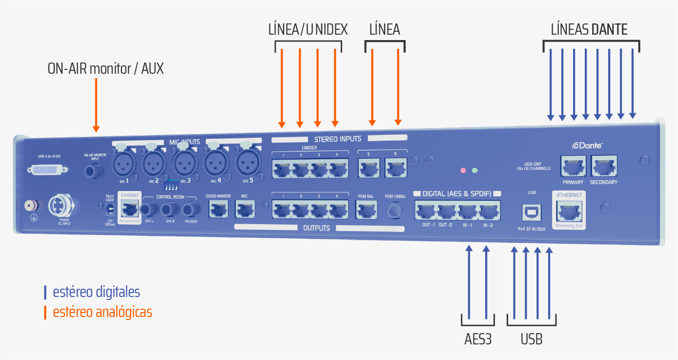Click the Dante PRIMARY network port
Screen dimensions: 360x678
click(x=573, y=167)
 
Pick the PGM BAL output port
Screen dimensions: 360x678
click(x=365, y=211)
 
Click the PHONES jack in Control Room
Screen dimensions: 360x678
click(x=191, y=211)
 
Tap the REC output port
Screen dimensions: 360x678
click(x=244, y=210)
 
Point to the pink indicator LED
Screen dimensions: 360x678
click(x=463, y=170)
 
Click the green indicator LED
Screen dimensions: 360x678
click(x=474, y=170)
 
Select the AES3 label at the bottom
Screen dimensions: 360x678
click(x=478, y=339)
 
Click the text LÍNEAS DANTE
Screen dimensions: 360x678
click(x=589, y=30)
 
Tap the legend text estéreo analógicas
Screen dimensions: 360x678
click(x=103, y=312)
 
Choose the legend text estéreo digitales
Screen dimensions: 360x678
click(x=96, y=292)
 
